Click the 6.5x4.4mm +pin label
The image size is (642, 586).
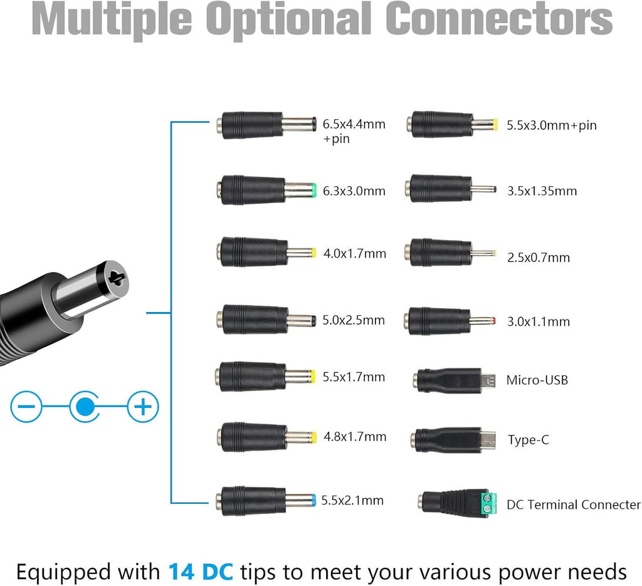pyautogui.click(x=354, y=131)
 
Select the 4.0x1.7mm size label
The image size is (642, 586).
pyautogui.click(x=354, y=254)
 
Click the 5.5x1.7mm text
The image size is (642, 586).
pyautogui.click(x=354, y=377)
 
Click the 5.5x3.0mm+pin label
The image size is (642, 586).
pyautogui.click(x=552, y=125)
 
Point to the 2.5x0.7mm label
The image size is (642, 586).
pyautogui.click(x=539, y=257)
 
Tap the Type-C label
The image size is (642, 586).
pyautogui.click(x=528, y=440)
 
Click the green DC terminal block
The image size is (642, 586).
pyautogui.click(x=487, y=502)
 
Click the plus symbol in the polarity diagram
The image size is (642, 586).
pyautogui.click(x=143, y=408)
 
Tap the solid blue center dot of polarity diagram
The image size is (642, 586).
pyautogui.click(x=83, y=408)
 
